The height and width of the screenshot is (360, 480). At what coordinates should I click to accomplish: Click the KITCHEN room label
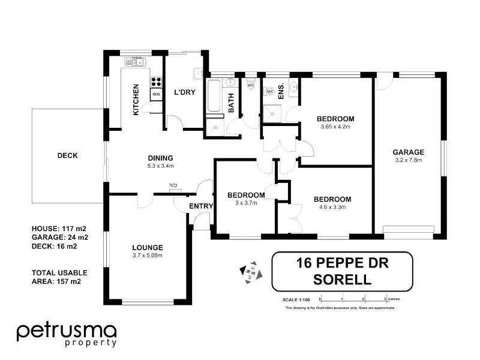(x=136, y=100)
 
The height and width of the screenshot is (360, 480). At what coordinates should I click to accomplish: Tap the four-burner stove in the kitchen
(x=156, y=82)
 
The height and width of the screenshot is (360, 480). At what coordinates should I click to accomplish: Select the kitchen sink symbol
(x=135, y=62)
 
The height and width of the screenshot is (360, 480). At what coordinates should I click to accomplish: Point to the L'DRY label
(x=185, y=92)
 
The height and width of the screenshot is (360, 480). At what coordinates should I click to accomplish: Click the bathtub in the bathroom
(x=214, y=96)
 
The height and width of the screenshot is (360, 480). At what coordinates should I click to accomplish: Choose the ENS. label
(x=281, y=91)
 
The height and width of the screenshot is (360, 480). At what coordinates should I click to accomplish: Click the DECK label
(x=67, y=155)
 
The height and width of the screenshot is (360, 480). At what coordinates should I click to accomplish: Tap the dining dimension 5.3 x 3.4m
(x=160, y=166)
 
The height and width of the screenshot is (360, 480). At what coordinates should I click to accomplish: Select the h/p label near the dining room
(x=173, y=185)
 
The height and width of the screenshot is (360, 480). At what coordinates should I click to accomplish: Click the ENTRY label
(x=201, y=206)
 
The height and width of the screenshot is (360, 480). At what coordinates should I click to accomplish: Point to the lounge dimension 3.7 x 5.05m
(x=148, y=256)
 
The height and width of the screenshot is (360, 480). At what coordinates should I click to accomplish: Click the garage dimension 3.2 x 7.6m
(x=409, y=160)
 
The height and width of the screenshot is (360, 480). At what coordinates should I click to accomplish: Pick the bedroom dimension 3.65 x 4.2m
(x=335, y=127)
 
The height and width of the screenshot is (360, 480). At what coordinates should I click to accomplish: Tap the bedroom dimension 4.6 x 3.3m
(x=332, y=207)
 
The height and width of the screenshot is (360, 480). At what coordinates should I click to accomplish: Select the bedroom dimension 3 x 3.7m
(x=246, y=203)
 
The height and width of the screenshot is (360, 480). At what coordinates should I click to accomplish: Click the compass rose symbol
(x=251, y=272)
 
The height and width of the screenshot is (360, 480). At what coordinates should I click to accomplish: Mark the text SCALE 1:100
(x=296, y=299)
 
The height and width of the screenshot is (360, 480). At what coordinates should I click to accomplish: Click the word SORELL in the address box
(x=342, y=280)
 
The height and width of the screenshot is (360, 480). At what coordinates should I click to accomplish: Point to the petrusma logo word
(x=67, y=332)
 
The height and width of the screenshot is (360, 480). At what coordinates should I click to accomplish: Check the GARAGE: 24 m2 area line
(x=60, y=237)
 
